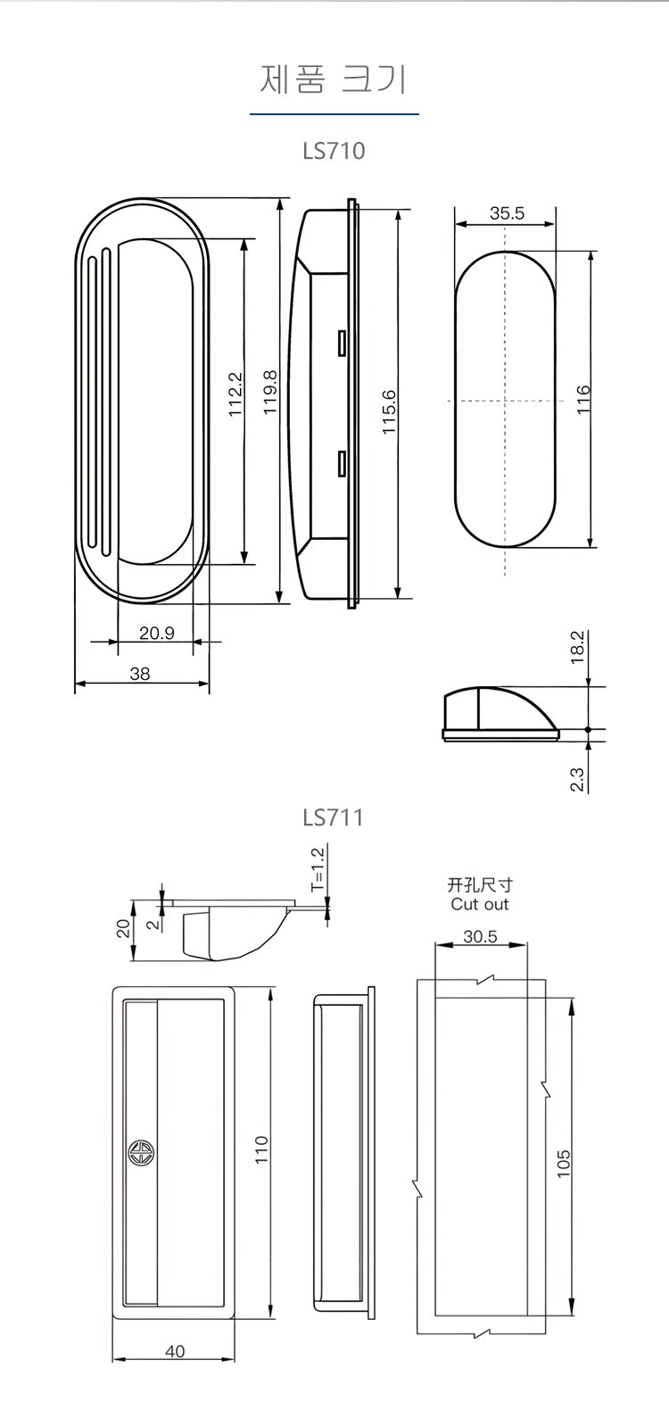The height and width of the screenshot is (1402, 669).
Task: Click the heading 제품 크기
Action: point(334,79)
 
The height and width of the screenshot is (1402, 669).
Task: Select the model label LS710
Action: point(334,150)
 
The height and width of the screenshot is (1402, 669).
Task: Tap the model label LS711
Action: point(334,817)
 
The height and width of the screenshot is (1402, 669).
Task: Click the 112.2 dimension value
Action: point(235,394)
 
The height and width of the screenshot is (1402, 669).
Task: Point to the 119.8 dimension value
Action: point(270,393)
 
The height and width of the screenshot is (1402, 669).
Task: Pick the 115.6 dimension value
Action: point(389,411)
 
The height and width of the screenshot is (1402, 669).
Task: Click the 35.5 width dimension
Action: point(507,213)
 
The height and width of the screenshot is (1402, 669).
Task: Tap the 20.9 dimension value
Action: point(157,633)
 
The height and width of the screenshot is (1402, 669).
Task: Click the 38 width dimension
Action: point(140,674)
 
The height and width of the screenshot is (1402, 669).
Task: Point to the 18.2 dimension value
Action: point(577,647)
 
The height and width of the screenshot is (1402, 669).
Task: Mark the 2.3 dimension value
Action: point(577,779)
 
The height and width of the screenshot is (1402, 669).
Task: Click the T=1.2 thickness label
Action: point(318,870)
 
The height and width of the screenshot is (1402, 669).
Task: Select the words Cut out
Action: point(480,904)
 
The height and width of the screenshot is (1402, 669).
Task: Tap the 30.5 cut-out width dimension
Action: point(480,937)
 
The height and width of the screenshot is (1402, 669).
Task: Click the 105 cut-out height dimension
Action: point(564,1163)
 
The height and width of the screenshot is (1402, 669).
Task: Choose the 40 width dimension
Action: point(175,1351)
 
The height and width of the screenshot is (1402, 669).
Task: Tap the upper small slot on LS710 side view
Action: point(341,343)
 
